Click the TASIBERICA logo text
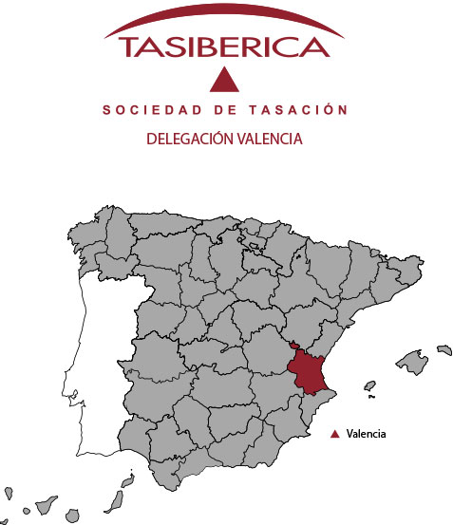click(x=225, y=47)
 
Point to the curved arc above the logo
click(x=225, y=19)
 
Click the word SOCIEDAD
click(x=144, y=111)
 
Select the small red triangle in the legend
click(x=334, y=434)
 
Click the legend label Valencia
click(x=367, y=434)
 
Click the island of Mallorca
click(x=412, y=361)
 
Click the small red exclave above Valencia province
click(x=294, y=346)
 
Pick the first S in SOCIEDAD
click(x=106, y=111)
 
